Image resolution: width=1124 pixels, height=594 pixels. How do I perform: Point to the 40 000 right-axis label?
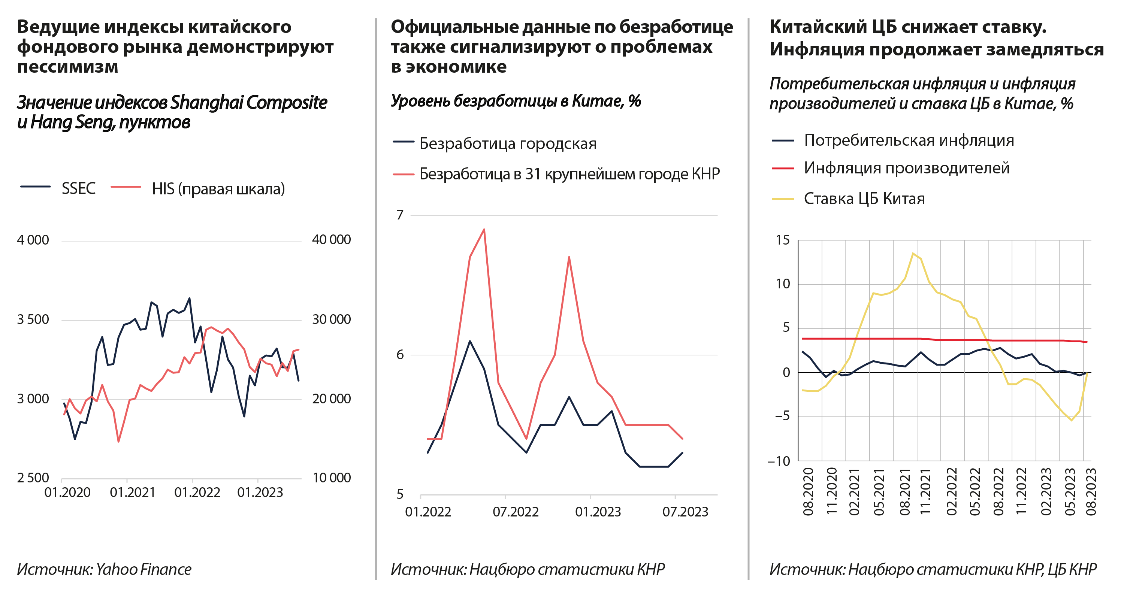[331, 239]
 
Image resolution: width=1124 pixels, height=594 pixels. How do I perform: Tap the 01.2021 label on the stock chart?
[132, 493]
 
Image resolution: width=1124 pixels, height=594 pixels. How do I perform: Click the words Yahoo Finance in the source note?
[143, 569]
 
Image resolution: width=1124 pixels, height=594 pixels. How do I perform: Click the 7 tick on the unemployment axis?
[400, 215]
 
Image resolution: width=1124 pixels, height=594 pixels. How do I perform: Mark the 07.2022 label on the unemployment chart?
[515, 512]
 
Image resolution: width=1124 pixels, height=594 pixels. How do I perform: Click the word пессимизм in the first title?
[68, 67]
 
